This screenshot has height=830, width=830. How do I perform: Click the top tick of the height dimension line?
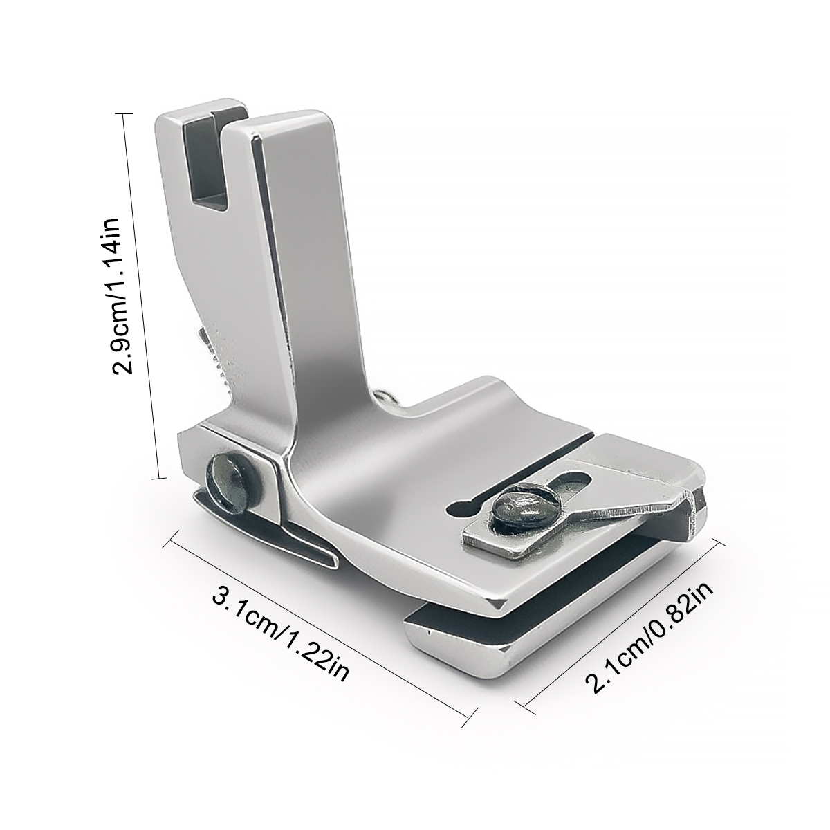[x=124, y=113]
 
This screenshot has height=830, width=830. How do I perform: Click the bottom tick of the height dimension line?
[x=159, y=478]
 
